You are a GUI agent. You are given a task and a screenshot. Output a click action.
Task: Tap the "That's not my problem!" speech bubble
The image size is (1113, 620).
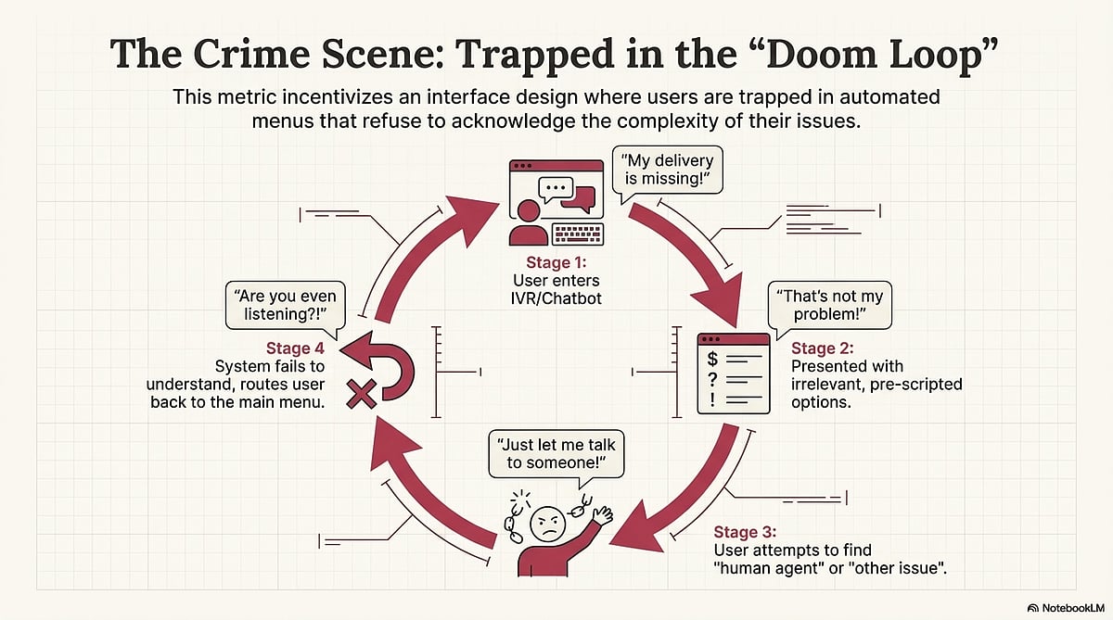tap(829, 304)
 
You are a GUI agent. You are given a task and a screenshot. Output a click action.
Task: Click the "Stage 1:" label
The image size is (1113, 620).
tap(556, 263)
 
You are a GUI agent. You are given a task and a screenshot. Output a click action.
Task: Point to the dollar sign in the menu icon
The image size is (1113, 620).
tap(712, 357)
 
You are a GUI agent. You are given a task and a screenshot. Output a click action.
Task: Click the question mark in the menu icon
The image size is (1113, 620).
tap(712, 379)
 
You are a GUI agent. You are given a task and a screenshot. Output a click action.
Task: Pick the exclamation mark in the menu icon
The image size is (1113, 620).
tap(712, 400)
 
